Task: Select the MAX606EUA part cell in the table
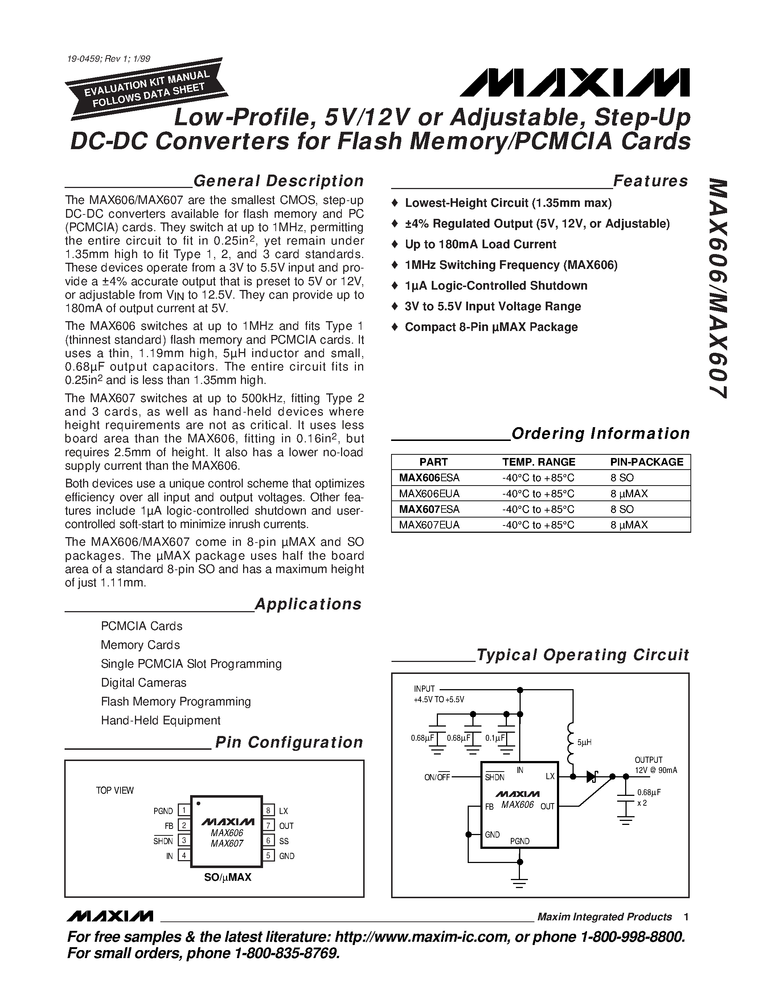pos(429,494)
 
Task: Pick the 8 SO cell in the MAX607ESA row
pos(622,509)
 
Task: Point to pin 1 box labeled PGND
pos(184,811)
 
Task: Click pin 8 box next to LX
pos(268,811)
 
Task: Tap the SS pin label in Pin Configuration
pos(284,841)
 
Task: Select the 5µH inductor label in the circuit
pos(584,743)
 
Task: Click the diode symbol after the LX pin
pos(593,776)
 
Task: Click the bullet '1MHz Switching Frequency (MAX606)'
pos(510,265)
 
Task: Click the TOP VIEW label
pos(115,790)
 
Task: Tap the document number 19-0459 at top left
pos(108,58)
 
